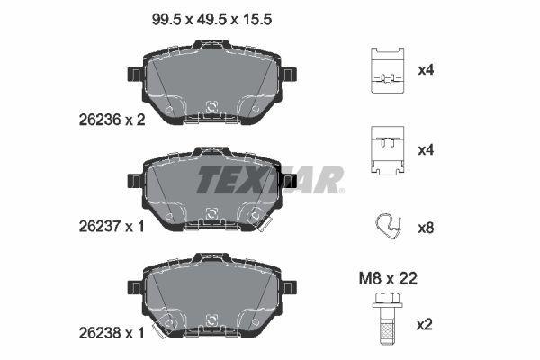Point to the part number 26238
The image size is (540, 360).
pyautogui.click(x=93, y=332)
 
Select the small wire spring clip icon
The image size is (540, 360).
pyautogui.click(x=390, y=227)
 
